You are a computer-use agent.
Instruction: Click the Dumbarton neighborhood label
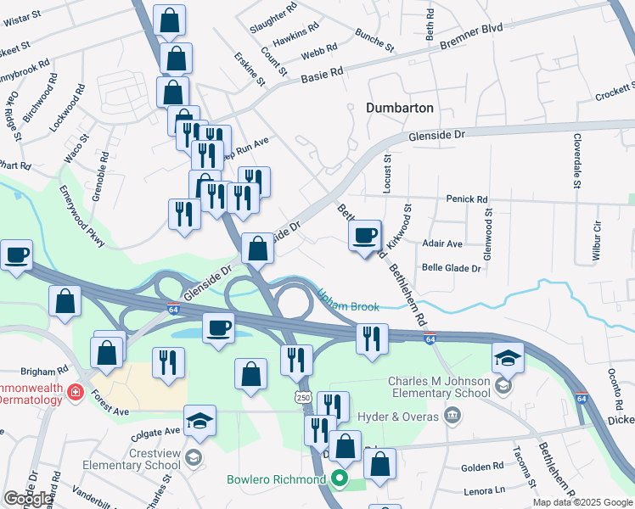pos(400,108)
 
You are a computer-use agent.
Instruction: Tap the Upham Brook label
pos(348,301)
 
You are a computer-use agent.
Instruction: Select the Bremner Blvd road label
pos(472,36)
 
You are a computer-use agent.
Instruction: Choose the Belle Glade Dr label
pos(451,267)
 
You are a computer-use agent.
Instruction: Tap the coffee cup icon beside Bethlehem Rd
pos(365,235)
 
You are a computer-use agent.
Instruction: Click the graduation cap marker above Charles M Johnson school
pos(508,359)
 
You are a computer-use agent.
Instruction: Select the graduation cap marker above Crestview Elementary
pos(199,421)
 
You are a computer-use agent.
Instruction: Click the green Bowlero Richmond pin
pos(340,479)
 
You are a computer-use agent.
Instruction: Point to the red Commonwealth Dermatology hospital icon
pos(76,392)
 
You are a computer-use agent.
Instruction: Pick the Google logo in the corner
pos(27,499)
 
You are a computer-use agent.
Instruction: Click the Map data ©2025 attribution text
pos(582,502)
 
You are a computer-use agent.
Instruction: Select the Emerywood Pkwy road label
pos(81,217)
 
